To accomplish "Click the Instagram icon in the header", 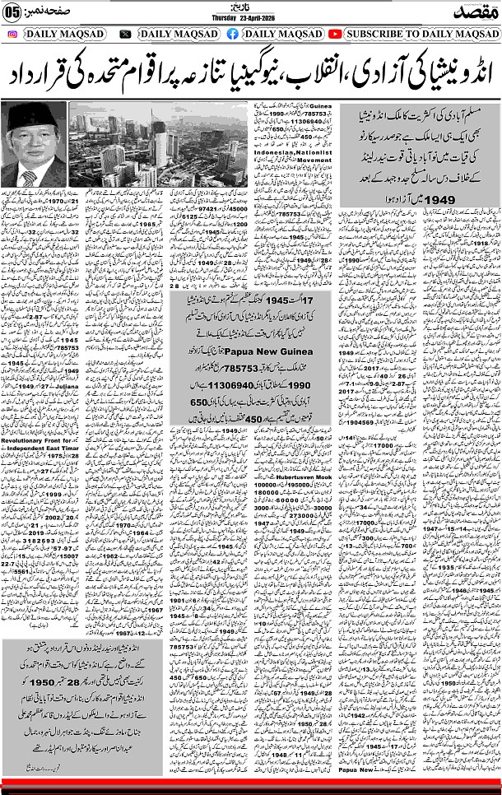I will point(12,34).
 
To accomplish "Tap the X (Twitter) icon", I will point(125,34).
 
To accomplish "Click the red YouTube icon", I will point(335,34).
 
